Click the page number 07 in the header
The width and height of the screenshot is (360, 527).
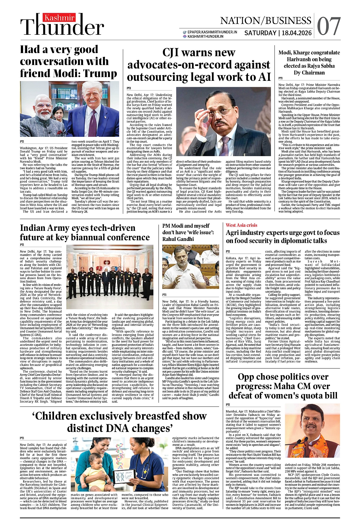(x=329, y=26)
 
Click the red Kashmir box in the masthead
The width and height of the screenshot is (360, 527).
(x=59, y=18)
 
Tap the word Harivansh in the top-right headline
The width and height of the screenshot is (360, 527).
(x=305, y=59)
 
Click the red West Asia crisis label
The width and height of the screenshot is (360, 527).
(x=241, y=225)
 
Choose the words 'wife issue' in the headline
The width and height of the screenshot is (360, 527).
(x=199, y=232)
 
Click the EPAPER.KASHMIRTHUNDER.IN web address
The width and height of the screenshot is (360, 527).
(x=212, y=32)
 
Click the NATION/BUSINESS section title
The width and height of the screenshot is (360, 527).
(x=266, y=21)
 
